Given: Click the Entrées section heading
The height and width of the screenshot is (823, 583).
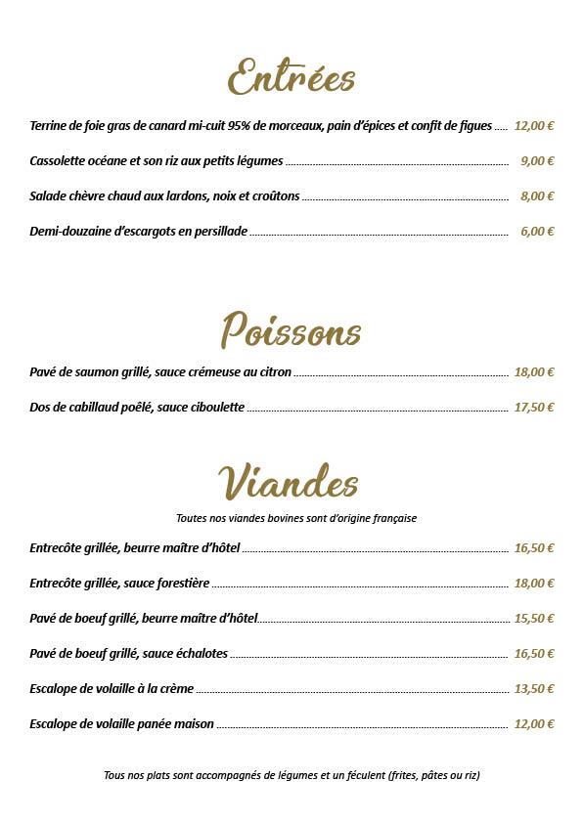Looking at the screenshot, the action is (291, 77).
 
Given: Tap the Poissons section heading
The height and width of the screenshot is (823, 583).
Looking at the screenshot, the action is (291, 330).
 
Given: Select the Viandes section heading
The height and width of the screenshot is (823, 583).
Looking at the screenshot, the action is (289, 482).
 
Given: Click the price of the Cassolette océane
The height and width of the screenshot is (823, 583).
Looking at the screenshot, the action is (537, 161).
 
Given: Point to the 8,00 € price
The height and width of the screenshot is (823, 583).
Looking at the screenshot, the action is (537, 196).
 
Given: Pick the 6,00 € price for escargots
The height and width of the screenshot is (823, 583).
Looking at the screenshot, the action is (537, 232).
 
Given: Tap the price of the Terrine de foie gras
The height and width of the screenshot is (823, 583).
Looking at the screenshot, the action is (534, 126).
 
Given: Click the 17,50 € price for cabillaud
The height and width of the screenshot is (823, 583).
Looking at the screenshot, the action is (534, 408).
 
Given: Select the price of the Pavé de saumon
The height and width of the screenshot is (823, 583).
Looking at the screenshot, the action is (534, 372).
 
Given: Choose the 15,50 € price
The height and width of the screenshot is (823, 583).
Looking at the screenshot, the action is (534, 619).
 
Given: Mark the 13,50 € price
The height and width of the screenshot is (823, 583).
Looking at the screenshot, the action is (534, 689).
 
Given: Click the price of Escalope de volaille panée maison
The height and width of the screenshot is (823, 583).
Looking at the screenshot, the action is (534, 724).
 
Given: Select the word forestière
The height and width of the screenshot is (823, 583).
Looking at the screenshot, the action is (183, 584).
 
